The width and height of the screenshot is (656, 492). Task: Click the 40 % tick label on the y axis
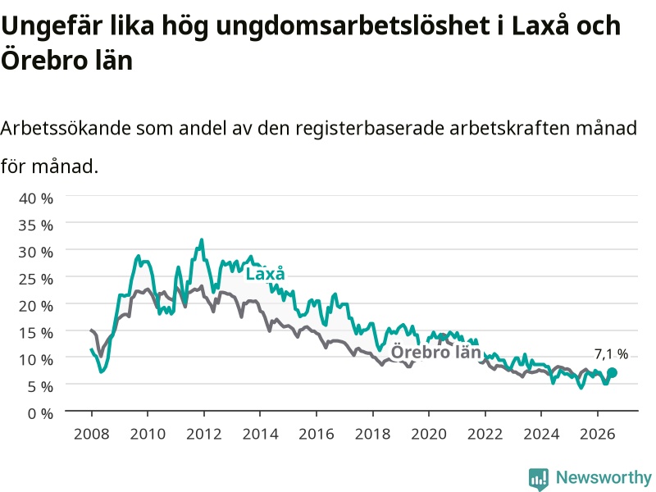tap(36, 198)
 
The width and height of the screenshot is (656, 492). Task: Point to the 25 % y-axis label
tap(36, 279)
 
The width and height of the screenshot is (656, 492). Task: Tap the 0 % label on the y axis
tap(40, 414)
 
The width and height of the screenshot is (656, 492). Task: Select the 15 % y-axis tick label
tap(36, 333)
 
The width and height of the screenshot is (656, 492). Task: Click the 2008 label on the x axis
tap(92, 434)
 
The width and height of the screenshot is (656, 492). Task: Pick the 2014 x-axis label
tap(260, 434)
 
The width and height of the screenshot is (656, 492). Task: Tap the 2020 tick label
tap(429, 434)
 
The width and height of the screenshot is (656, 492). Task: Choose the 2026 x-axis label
tap(598, 434)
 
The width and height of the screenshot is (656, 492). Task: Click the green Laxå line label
tap(265, 274)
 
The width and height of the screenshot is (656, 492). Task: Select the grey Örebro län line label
tap(435, 352)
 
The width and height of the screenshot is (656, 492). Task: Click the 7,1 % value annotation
tap(611, 354)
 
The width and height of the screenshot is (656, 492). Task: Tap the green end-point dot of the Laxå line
tap(612, 372)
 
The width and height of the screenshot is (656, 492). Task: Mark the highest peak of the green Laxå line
tap(202, 239)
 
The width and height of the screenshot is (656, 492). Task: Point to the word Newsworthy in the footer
tap(604, 477)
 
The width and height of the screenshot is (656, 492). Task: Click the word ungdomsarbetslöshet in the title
tap(353, 26)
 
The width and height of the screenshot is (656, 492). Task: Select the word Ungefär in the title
tap(52, 26)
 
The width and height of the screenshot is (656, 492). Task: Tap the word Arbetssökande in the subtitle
tap(66, 128)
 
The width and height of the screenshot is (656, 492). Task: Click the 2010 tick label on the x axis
tap(148, 434)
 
